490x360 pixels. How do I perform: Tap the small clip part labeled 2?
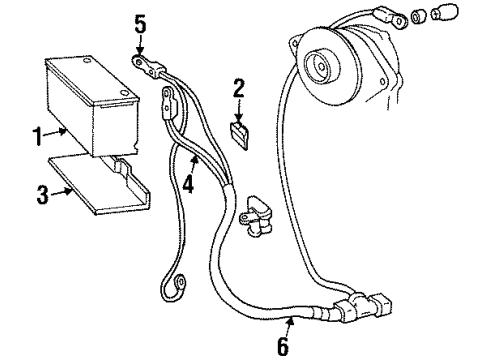click(x=238, y=133)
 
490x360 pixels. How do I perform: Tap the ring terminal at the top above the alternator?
click(x=385, y=16)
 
